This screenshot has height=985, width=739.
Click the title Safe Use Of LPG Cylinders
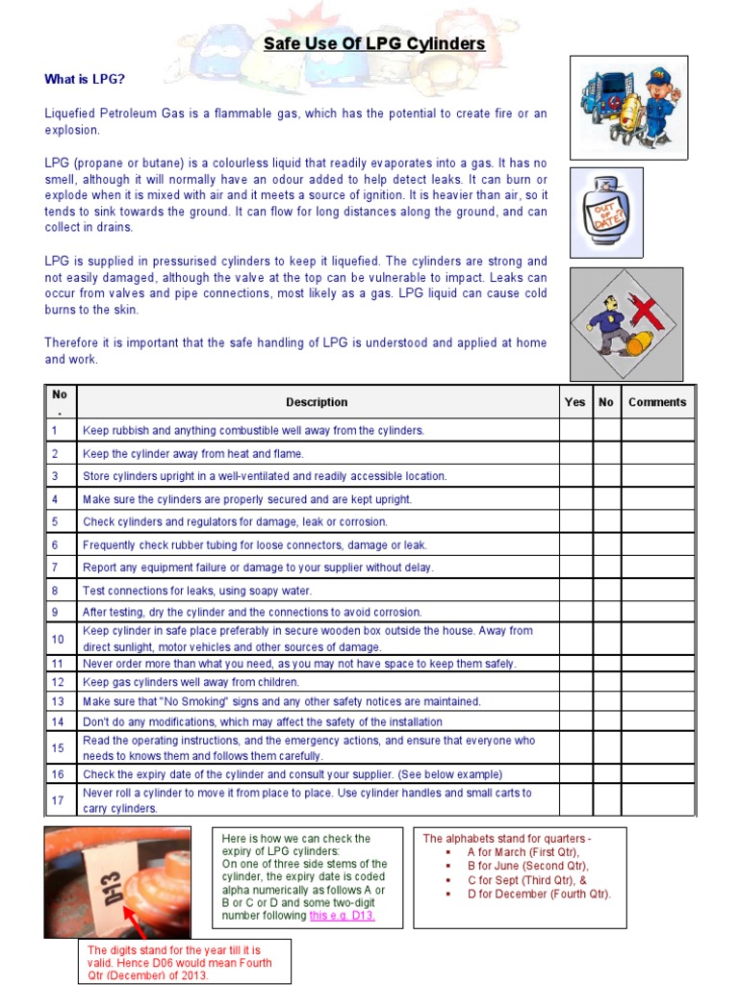click(x=374, y=44)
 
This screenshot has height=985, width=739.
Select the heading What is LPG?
click(x=85, y=79)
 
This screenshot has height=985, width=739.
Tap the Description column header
click(x=317, y=402)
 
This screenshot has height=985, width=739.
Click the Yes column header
click(x=574, y=402)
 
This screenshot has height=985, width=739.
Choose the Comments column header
click(x=657, y=402)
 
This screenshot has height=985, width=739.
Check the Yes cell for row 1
click(x=574, y=430)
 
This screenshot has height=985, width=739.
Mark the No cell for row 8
click(x=606, y=591)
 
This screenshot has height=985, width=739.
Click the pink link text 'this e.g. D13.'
click(x=343, y=916)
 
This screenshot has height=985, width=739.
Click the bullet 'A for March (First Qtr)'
click(x=523, y=852)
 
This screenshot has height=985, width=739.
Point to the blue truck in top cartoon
click(x=599, y=93)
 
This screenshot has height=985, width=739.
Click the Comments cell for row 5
click(x=657, y=521)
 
